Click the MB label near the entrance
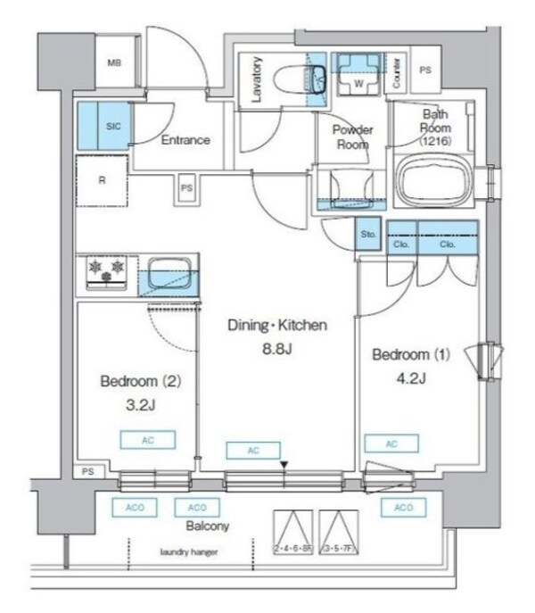114,62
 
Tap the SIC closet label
113,127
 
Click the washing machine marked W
358,79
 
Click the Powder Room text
352,137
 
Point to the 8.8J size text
276,348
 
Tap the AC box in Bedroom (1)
391,443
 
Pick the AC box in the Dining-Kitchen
252,451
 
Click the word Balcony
208,526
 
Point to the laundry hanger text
189,552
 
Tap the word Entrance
185,140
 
